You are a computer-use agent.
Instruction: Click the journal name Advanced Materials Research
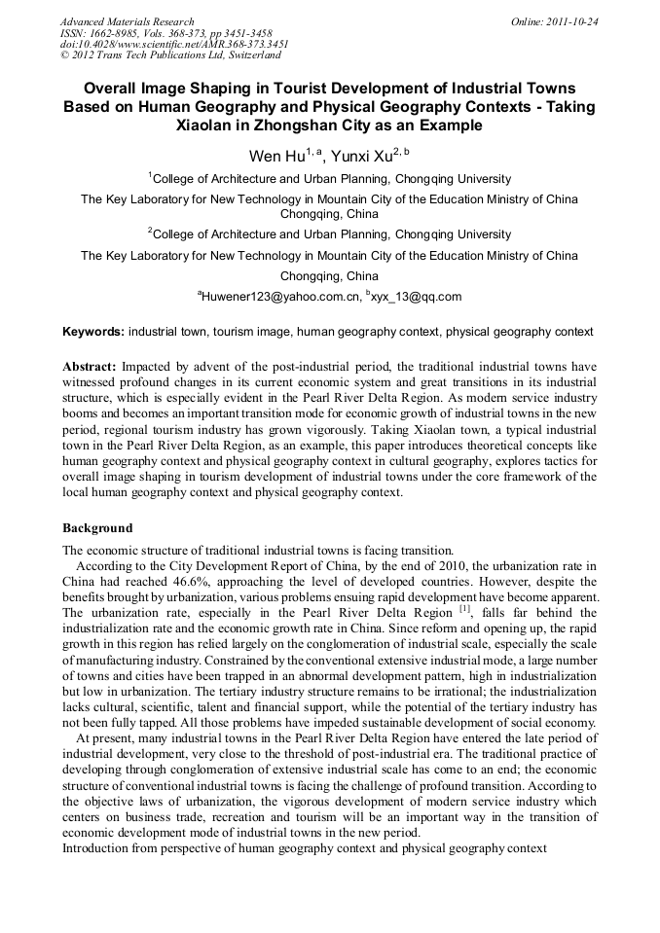point(127,21)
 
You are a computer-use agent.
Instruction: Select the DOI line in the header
point(174,45)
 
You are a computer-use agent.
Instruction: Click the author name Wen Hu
point(276,156)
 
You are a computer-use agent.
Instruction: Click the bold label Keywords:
point(93,332)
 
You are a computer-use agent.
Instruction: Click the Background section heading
point(97,528)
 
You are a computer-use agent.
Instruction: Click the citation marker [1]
point(464,609)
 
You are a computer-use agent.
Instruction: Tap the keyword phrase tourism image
point(252,332)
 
